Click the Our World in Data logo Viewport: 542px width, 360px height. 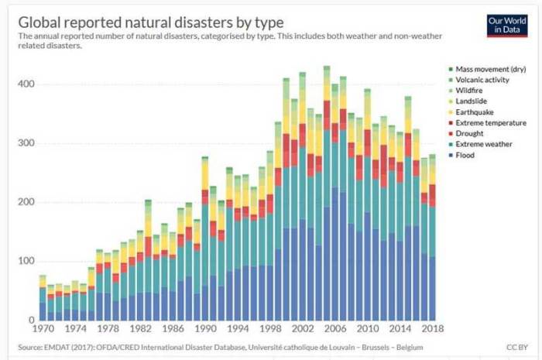(507, 25)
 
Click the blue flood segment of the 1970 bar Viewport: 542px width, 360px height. (43, 311)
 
